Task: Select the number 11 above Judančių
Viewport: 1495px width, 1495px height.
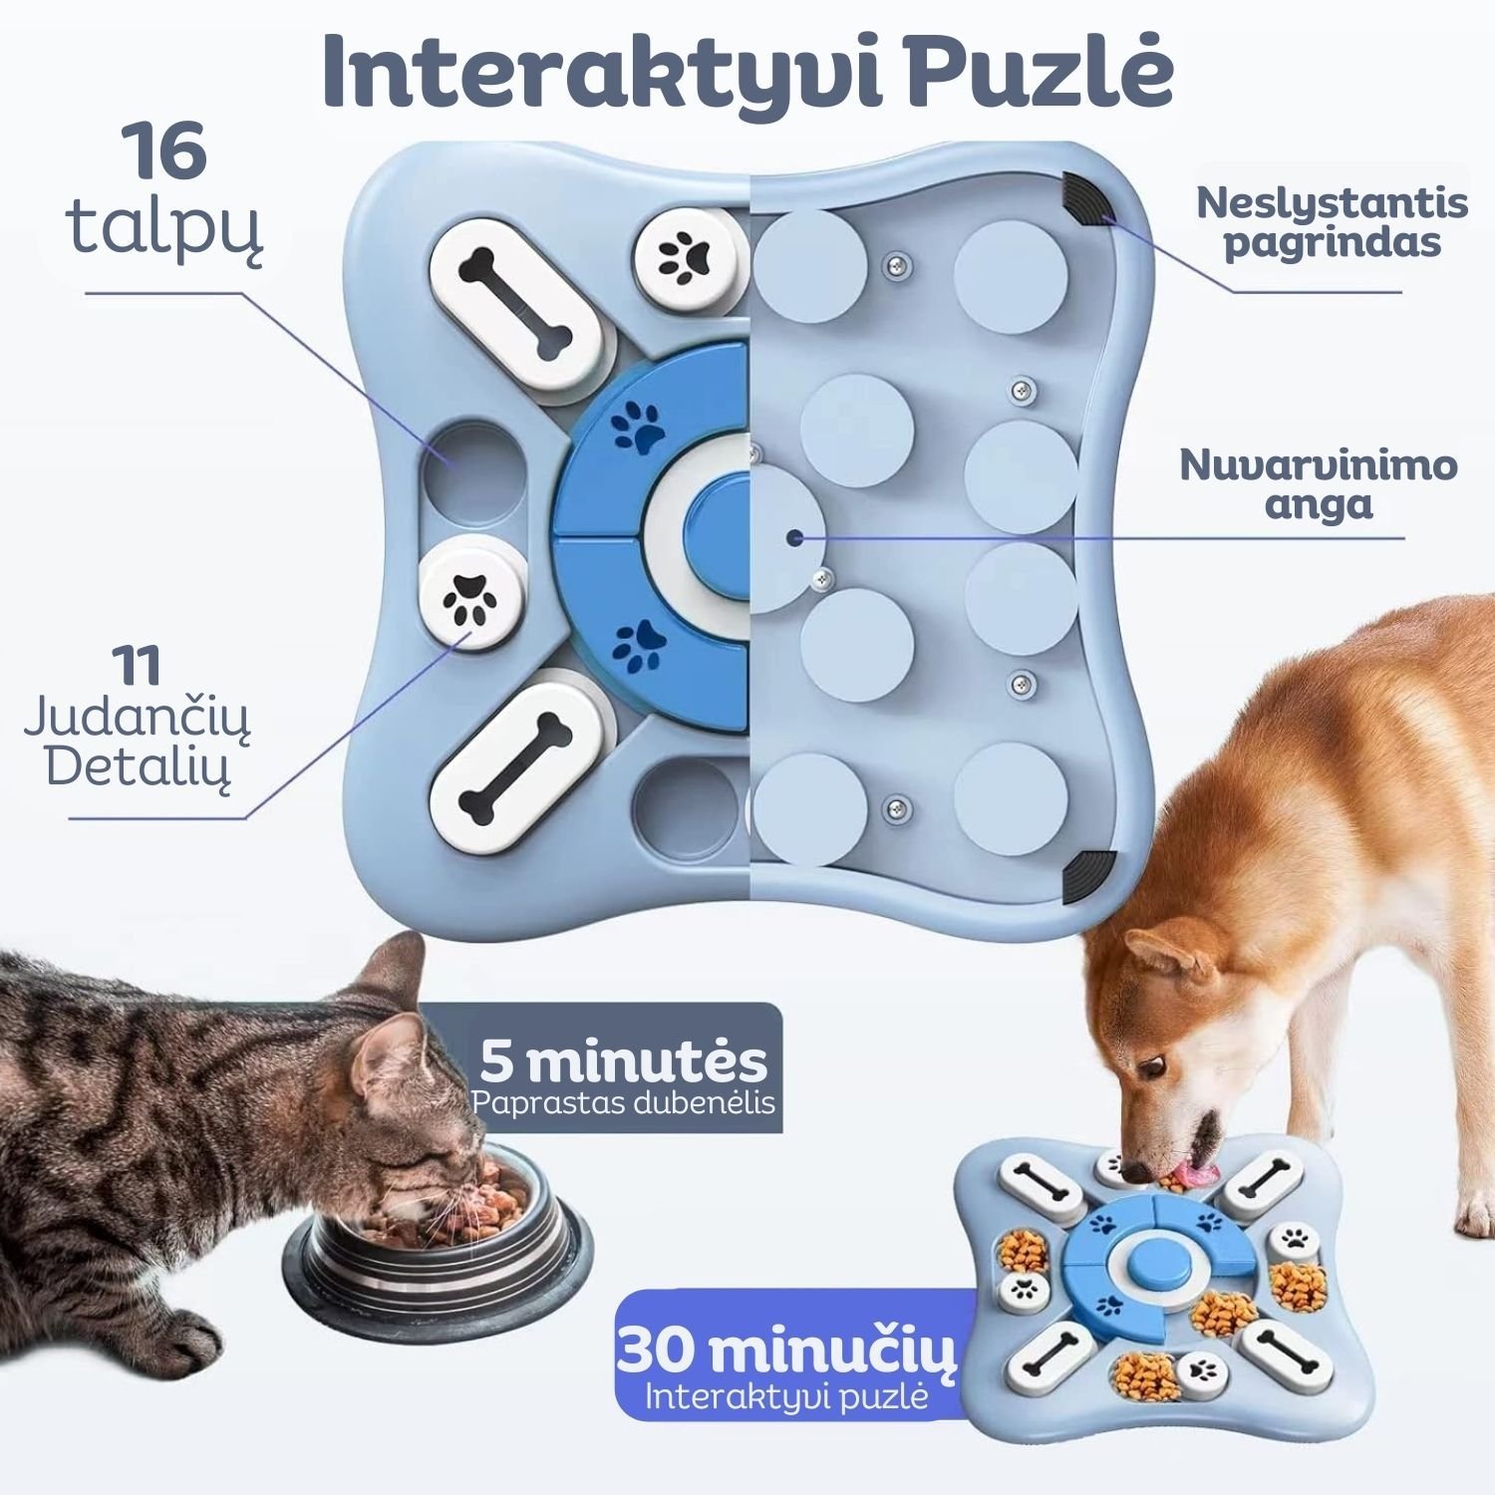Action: tap(138, 665)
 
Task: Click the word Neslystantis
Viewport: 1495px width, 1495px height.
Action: tap(1332, 202)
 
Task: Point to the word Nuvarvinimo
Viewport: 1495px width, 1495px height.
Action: tap(1319, 464)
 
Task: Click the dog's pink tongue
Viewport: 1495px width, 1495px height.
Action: tap(1192, 1176)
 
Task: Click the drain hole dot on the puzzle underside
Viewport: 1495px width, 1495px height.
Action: tap(793, 538)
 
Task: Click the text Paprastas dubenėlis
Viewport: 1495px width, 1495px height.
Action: tap(624, 1103)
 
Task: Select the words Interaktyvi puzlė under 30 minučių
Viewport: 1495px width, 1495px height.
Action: tap(787, 1396)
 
